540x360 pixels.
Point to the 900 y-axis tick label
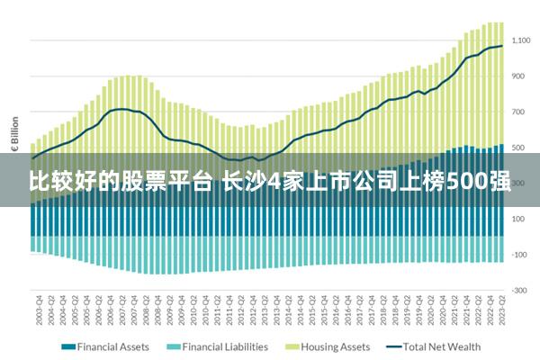click(519, 76)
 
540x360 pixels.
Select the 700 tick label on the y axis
click(519, 112)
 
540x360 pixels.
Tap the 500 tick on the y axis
click(519, 148)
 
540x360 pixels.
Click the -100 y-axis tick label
click(519, 255)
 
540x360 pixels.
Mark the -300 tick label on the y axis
click(519, 290)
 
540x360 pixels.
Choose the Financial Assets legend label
click(112, 346)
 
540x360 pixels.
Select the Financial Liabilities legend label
click(225, 346)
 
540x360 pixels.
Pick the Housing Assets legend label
click(335, 346)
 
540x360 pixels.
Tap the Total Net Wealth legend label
click(442, 346)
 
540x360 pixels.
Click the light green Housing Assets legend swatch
click(291, 346)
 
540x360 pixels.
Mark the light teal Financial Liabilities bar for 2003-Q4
click(34, 243)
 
